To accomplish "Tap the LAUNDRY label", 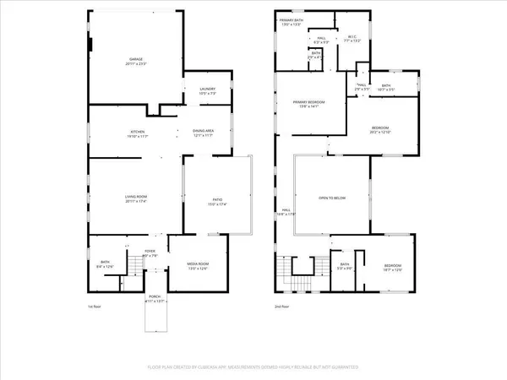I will point(207,90).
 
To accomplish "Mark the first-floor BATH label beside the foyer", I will point(106,264).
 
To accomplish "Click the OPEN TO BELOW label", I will point(332,198).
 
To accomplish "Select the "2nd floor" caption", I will point(281,307).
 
